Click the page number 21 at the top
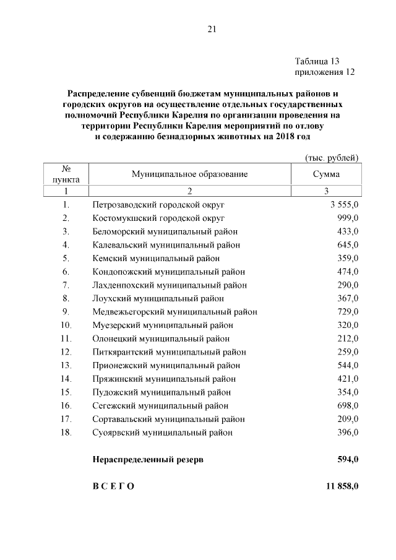(212, 28)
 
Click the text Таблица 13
(317, 61)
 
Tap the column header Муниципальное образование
(189, 174)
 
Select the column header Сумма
(326, 174)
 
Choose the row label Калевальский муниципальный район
(165, 245)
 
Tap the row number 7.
(66, 285)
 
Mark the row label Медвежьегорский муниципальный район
(174, 311)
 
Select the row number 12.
(66, 351)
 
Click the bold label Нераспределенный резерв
(147, 460)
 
